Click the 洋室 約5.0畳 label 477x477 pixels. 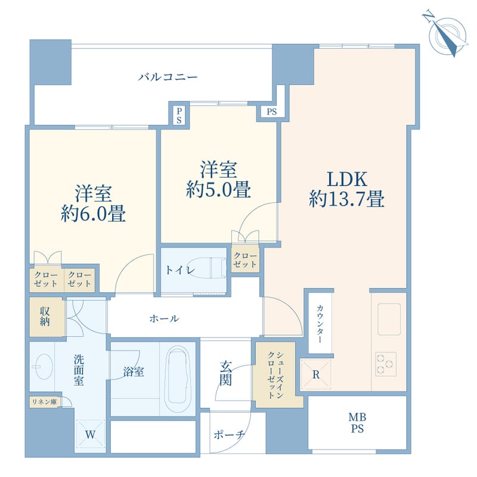pos(218,179)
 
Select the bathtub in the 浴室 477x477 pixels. pos(178,376)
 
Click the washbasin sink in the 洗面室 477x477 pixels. pos(44,364)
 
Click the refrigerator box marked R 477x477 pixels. pos(315,374)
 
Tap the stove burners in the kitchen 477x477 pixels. pos(386,363)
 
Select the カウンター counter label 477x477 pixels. pos(320,323)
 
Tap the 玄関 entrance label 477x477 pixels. pos(225,373)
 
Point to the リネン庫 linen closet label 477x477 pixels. pos(44,402)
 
